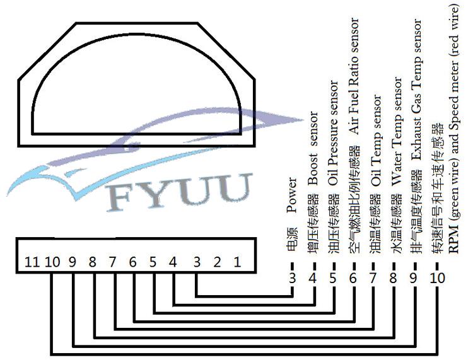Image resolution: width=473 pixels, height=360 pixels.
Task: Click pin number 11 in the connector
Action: pyautogui.click(x=32, y=262)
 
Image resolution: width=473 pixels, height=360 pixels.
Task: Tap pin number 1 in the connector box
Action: pyautogui.click(x=237, y=262)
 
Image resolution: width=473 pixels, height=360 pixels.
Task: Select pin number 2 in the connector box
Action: pyautogui.click(x=217, y=262)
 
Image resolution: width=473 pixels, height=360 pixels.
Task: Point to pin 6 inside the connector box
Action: pyautogui.click(x=132, y=262)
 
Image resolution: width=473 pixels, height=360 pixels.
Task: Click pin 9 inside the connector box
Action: pyautogui.click(x=73, y=262)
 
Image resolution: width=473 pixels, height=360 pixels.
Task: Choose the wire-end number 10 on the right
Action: pyautogui.click(x=438, y=278)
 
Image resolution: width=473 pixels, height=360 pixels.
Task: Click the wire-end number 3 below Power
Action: pyautogui.click(x=292, y=278)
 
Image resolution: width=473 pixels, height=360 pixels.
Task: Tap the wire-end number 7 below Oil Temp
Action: pyautogui.click(x=373, y=278)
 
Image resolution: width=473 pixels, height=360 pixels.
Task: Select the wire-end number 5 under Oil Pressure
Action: pyautogui.click(x=333, y=278)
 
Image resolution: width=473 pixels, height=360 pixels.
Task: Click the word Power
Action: pyautogui.click(x=292, y=195)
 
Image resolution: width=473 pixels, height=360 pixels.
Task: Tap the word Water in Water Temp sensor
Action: pyautogui.click(x=396, y=170)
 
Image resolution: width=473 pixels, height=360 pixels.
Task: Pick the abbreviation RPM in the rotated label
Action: pyautogui.click(x=453, y=238)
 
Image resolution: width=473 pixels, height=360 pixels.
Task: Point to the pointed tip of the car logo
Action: pyautogui.click(x=303, y=120)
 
